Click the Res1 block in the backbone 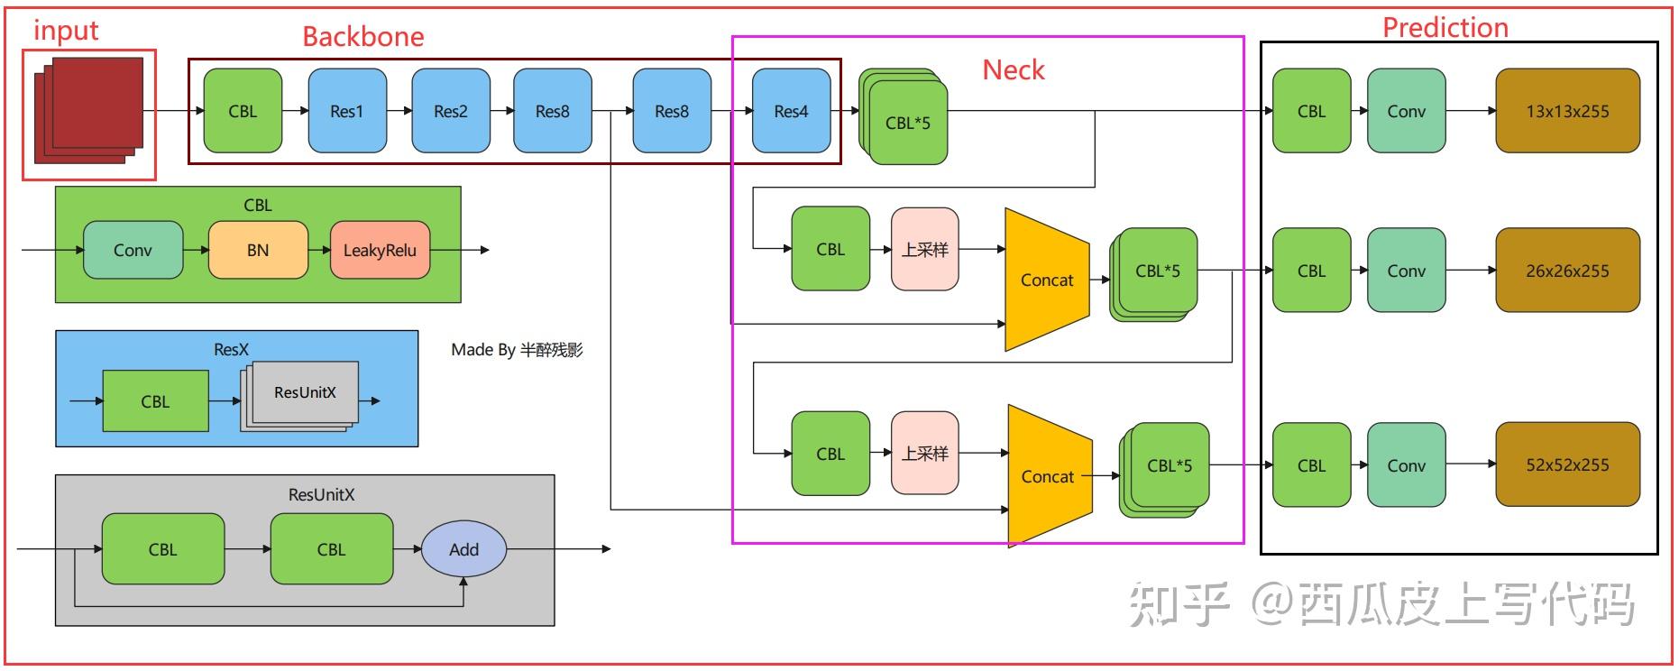tap(347, 111)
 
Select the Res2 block tap(450, 111)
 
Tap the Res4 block tap(791, 111)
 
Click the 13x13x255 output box tap(1567, 111)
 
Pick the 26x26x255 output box tap(1567, 271)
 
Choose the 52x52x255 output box tap(1567, 464)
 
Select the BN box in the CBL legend tap(258, 250)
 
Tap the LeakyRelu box tap(380, 250)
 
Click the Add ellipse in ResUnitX tap(463, 549)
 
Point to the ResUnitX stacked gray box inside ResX tap(305, 393)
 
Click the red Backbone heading tap(362, 37)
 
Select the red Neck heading tap(1013, 70)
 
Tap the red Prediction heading tap(1445, 28)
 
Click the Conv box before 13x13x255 tap(1406, 111)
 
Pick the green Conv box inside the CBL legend tap(133, 250)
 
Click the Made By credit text tap(517, 350)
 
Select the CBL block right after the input tap(243, 111)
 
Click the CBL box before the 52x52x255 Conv tap(1311, 465)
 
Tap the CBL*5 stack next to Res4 tap(906, 121)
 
